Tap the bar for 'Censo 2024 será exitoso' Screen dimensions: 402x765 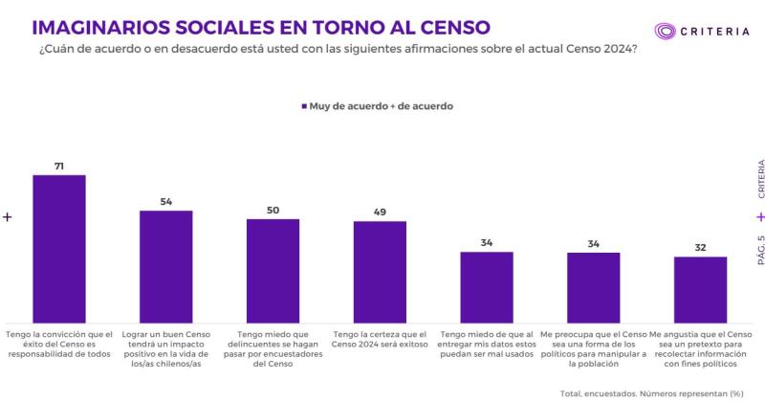click(x=380, y=272)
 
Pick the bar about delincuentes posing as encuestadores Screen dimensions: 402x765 click(x=273, y=271)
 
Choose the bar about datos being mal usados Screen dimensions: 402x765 click(x=487, y=287)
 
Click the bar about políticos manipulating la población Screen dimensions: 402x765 click(x=593, y=287)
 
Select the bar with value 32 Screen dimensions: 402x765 click(x=700, y=289)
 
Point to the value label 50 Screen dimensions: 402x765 click(x=273, y=210)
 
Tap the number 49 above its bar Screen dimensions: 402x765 click(x=380, y=212)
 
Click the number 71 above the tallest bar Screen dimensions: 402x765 click(x=59, y=167)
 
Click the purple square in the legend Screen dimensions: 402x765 click(x=303, y=106)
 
